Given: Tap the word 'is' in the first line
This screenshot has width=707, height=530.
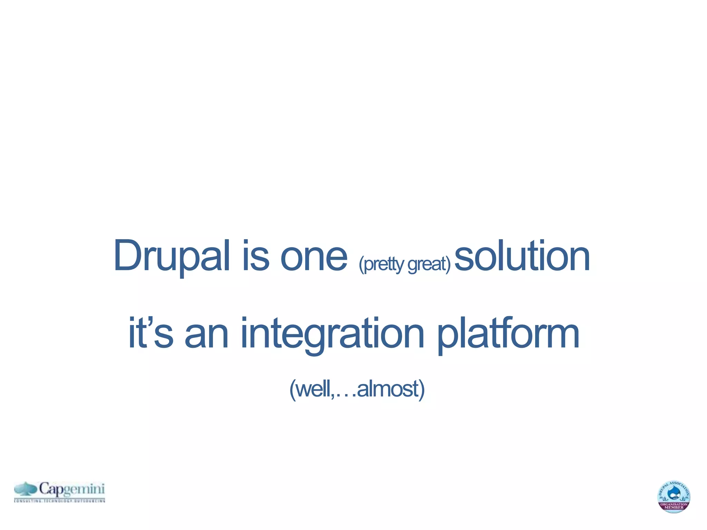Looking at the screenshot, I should (255, 256).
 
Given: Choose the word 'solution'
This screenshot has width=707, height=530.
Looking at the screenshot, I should (522, 256).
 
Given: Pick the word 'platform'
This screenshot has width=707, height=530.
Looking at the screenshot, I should (508, 333).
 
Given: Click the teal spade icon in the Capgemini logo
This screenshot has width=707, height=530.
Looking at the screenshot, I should (26, 489).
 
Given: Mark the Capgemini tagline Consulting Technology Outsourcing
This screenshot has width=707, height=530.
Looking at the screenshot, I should (59, 500).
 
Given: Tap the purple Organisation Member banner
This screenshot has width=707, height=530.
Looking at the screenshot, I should (674, 506).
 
